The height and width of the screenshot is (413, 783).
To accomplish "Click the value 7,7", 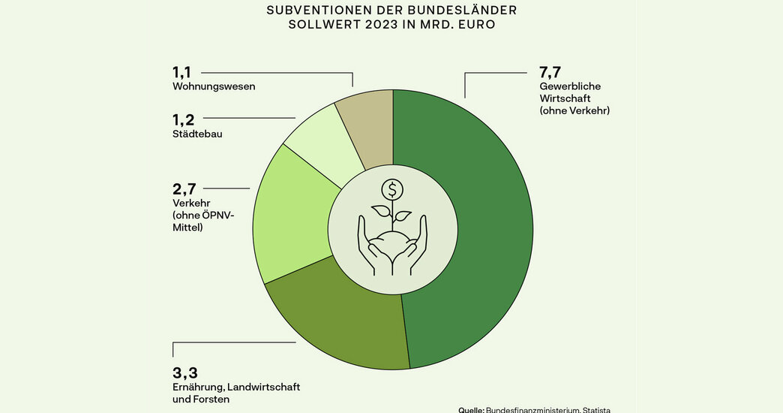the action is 550,73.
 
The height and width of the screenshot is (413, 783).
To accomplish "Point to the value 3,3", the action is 184,373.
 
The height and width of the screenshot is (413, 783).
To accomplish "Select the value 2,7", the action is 184,189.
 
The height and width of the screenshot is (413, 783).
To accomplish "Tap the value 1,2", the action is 183,120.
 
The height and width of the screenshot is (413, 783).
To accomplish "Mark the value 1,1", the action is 181,73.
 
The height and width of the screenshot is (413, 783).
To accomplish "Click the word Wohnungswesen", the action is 214,86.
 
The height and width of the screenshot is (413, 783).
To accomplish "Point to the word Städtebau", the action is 197,134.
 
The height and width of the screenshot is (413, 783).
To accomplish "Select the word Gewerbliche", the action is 570,86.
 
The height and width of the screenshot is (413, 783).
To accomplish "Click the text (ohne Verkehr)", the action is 574,110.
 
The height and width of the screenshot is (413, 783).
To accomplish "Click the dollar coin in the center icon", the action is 392,189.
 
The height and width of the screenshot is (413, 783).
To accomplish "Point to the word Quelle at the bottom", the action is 471,410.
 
